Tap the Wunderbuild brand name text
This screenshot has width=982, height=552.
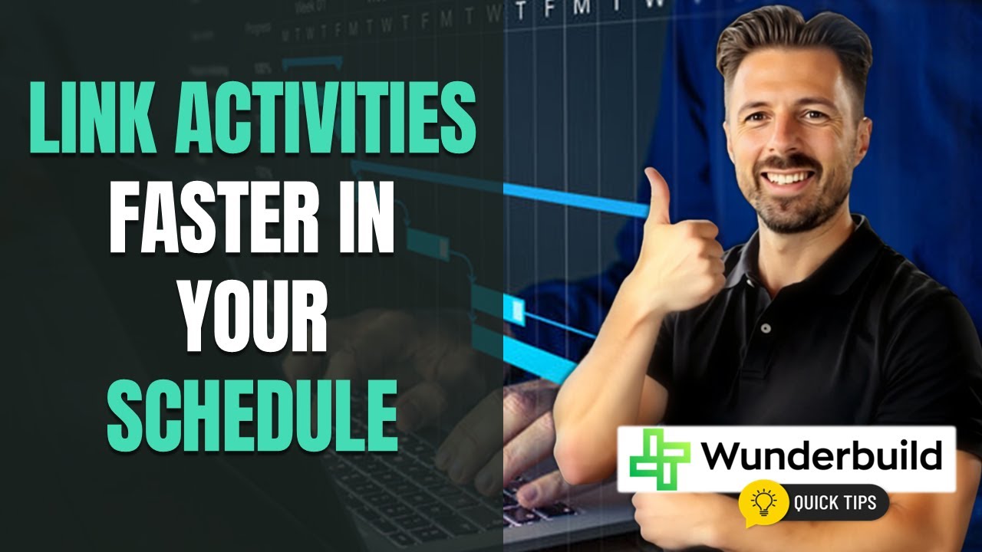[821, 457]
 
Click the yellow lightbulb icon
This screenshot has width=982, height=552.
[764, 502]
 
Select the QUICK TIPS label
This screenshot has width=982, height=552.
[836, 504]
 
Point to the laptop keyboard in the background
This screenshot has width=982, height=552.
[430, 475]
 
